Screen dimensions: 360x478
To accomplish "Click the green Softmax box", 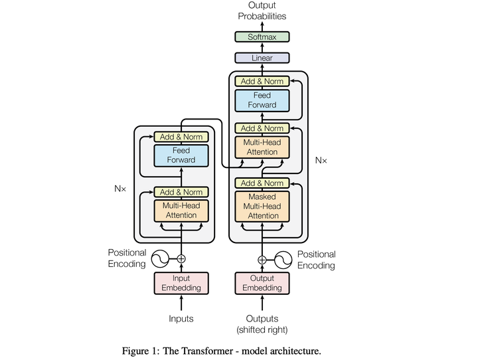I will point(262,37).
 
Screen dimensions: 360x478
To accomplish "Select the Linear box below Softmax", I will point(262,58).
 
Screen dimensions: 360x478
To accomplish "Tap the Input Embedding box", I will point(181,283).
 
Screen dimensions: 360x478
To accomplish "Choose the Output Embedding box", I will point(262,283).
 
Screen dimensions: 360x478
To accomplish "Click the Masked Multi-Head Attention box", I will point(262,207).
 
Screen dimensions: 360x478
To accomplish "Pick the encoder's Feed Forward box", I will point(181,155).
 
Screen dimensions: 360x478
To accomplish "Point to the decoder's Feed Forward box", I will point(262,100).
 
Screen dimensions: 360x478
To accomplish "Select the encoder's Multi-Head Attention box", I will point(181,211).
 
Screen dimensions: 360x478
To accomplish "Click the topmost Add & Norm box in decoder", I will point(262,81).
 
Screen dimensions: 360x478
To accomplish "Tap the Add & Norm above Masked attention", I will point(262,183).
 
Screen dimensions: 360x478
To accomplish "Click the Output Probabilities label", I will point(262,11).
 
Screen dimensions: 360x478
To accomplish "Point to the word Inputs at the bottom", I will point(181,319).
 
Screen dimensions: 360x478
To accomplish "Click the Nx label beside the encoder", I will point(120,189).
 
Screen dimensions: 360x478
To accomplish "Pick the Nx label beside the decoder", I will point(321,160).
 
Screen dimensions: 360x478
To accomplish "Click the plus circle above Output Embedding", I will point(262,259).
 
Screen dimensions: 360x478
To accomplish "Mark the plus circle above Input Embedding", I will point(181,259).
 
